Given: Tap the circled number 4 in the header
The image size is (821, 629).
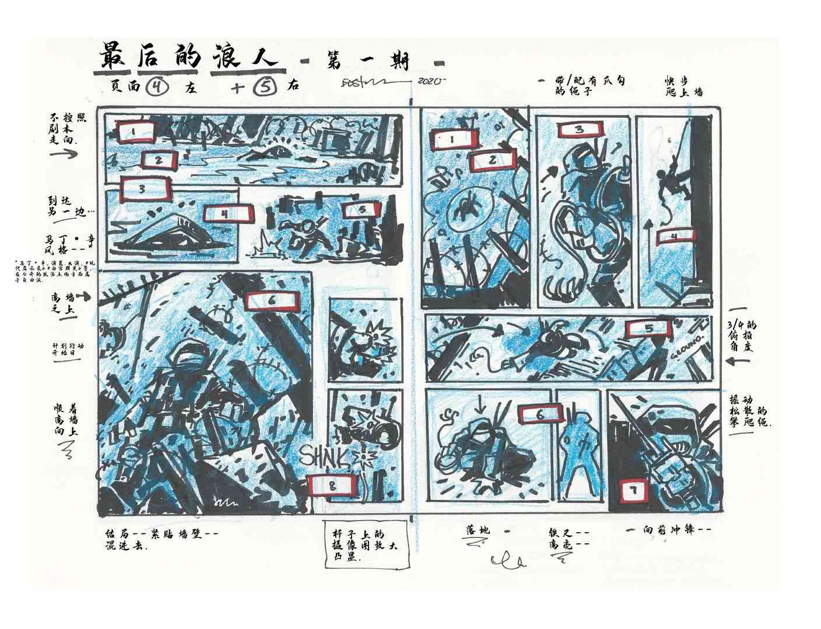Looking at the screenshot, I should pos(157,87).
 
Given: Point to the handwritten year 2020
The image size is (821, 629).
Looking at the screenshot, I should pos(431,81).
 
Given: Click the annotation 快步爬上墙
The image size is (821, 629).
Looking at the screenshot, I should pos(683,86).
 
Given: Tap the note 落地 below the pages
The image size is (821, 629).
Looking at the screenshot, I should pos(478,531).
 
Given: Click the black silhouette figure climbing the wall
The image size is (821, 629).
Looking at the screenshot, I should pos(671,178).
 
